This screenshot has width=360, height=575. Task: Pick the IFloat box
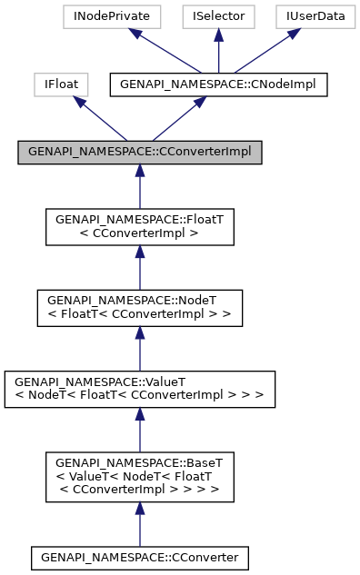pyautogui.click(x=60, y=84)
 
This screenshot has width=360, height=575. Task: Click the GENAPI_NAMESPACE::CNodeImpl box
pyautogui.click(x=217, y=84)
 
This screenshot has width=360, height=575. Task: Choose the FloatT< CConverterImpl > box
pyautogui.click(x=140, y=227)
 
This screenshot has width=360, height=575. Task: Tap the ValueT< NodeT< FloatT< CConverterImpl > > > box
pyautogui.click(x=140, y=387)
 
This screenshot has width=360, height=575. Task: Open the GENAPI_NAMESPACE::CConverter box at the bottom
pyautogui.click(x=140, y=555)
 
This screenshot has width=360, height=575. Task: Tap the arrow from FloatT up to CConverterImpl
pyautogui.click(x=140, y=187)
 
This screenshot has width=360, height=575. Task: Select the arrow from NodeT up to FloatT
pyautogui.click(x=140, y=267)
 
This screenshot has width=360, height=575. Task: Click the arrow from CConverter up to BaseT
pyautogui.click(x=140, y=523)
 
